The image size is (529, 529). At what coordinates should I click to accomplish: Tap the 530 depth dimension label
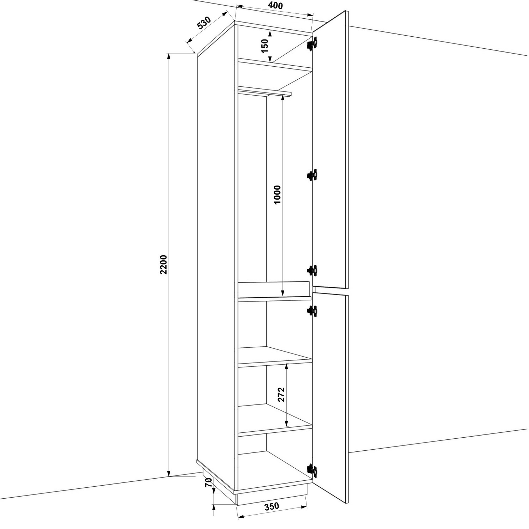tap(204, 23)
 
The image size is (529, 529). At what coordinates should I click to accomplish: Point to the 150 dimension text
tap(265, 46)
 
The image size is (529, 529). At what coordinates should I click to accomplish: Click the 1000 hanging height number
tap(277, 195)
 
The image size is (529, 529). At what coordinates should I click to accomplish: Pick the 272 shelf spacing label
tap(281, 395)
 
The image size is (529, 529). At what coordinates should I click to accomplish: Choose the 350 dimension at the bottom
tap(272, 506)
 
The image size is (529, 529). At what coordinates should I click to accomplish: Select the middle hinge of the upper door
tap(312, 175)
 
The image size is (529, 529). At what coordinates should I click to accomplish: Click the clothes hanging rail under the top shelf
tap(264, 92)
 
